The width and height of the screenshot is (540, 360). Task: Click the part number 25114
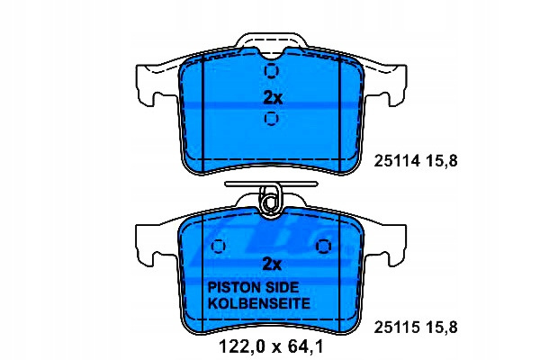point(397,161)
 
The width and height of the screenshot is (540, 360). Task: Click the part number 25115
point(397,328)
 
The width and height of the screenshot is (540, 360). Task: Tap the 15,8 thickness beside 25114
point(442,161)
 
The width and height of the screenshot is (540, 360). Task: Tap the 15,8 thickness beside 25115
point(442,328)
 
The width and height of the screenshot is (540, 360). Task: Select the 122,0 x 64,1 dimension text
point(272,346)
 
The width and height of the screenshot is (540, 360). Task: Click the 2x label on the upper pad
point(273,98)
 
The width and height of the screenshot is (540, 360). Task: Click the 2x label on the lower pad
point(272,265)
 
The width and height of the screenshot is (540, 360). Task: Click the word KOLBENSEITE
point(259,303)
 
